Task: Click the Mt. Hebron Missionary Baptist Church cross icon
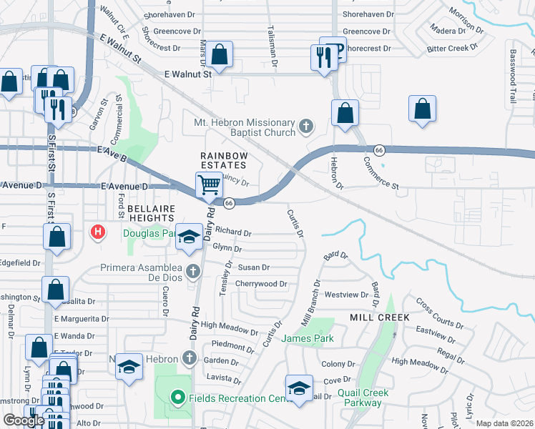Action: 306,127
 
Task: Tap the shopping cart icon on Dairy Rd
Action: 209,184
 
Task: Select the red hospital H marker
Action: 97,232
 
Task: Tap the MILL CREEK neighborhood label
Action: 379,317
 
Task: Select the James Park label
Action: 308,338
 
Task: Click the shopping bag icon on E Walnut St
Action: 220,55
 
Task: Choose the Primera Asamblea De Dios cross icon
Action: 192,271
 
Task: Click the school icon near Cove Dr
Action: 299,388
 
